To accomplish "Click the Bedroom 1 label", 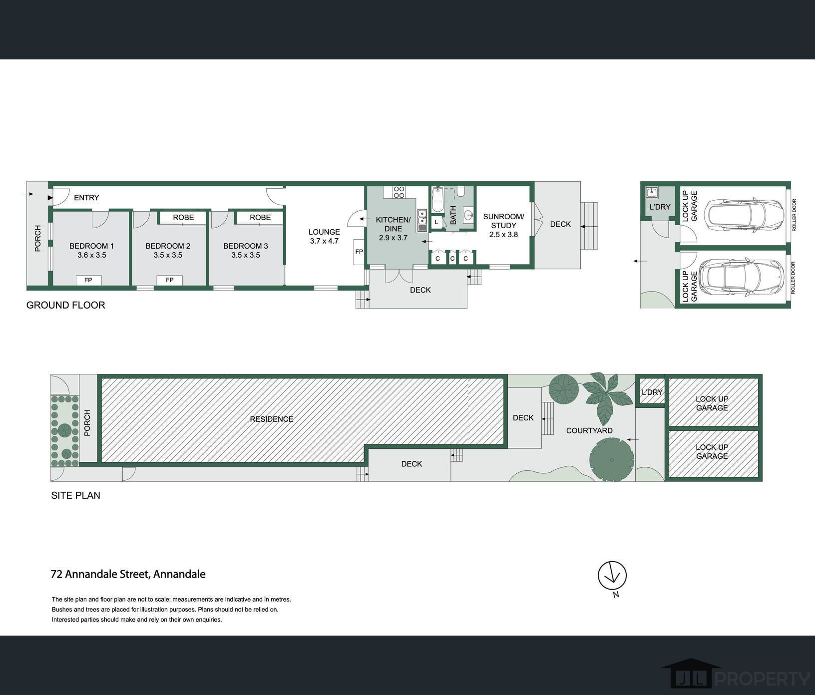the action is click(91, 246).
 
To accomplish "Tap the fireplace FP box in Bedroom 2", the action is click(170, 280).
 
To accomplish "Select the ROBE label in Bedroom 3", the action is click(260, 217).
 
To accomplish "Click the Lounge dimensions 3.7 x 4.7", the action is click(324, 241).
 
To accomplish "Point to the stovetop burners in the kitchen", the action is click(399, 192).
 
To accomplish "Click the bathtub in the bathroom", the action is click(438, 200).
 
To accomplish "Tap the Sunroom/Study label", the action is click(503, 221).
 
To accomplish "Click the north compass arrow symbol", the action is click(612, 576).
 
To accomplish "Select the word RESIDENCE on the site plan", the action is click(271, 419).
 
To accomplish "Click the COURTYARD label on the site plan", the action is click(589, 430).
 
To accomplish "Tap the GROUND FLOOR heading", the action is click(66, 305).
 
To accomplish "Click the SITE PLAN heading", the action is click(76, 495).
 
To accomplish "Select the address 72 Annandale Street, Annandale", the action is click(128, 574).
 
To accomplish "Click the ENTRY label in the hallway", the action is click(86, 198).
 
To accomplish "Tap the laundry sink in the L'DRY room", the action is click(651, 192).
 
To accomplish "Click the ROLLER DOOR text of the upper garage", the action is click(794, 215).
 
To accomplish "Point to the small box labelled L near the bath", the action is click(436, 222).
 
